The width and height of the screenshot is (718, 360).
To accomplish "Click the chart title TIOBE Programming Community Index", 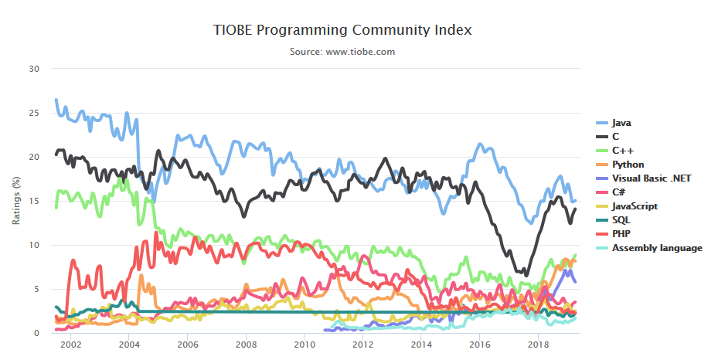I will click(342, 30).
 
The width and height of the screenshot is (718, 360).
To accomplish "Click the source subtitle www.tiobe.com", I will click(342, 52).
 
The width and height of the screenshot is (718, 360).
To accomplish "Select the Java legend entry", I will click(621, 123).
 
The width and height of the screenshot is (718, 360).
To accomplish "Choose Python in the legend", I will click(628, 165).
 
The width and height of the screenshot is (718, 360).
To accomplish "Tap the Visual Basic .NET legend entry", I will click(651, 178).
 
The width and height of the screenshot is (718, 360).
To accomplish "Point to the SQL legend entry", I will click(621, 220).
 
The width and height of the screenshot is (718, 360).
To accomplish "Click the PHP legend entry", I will click(621, 234).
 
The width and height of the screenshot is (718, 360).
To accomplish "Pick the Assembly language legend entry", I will click(656, 248).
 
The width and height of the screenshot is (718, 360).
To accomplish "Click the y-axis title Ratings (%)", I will click(16, 201).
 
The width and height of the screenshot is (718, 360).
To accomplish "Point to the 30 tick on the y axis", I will click(33, 69).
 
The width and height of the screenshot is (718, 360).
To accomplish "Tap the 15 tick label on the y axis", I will click(33, 201).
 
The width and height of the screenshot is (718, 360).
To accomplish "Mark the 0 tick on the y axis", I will click(36, 334).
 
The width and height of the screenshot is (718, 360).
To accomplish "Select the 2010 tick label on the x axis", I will click(304, 345).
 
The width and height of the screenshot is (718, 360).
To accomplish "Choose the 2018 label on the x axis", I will click(537, 345).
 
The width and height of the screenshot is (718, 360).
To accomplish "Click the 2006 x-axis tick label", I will click(187, 345).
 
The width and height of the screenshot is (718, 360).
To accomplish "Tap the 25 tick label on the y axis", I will click(33, 113).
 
